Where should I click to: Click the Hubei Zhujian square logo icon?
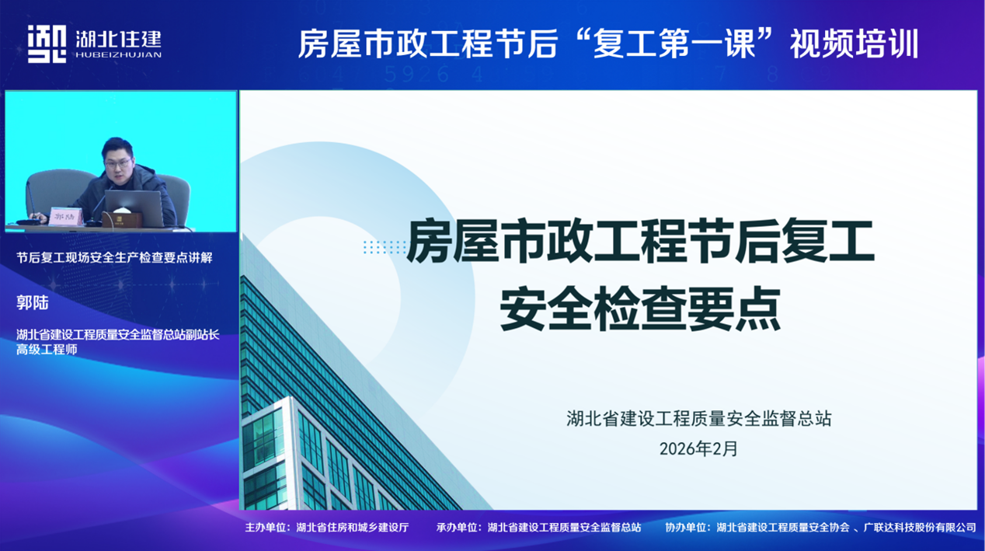(x=47, y=44)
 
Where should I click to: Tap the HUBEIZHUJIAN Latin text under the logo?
(x=118, y=55)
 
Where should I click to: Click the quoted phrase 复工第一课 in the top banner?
(x=674, y=44)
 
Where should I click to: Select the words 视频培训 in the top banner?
(x=854, y=44)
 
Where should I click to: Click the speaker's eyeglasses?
(x=118, y=164)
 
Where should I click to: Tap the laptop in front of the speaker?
(x=134, y=207)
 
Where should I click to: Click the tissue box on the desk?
(x=122, y=218)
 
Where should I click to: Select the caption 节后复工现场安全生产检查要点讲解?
(x=114, y=257)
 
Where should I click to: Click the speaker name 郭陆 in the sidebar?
(x=33, y=302)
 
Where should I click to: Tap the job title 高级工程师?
(x=47, y=350)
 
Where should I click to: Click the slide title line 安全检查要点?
(x=640, y=309)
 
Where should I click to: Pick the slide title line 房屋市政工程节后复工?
(x=640, y=241)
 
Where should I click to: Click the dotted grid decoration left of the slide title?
(x=385, y=247)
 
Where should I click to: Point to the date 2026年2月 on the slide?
(x=698, y=448)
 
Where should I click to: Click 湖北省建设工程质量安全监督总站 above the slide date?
(x=699, y=419)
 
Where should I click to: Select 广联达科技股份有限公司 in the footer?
(x=920, y=527)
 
